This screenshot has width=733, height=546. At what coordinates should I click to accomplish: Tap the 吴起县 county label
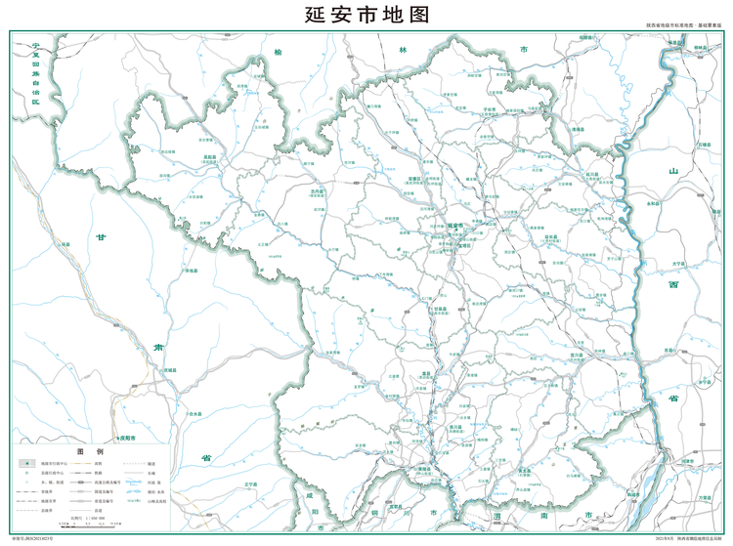pyautogui.click(x=209, y=156)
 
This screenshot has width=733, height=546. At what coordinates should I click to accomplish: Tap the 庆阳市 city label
pyautogui.click(x=125, y=439)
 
